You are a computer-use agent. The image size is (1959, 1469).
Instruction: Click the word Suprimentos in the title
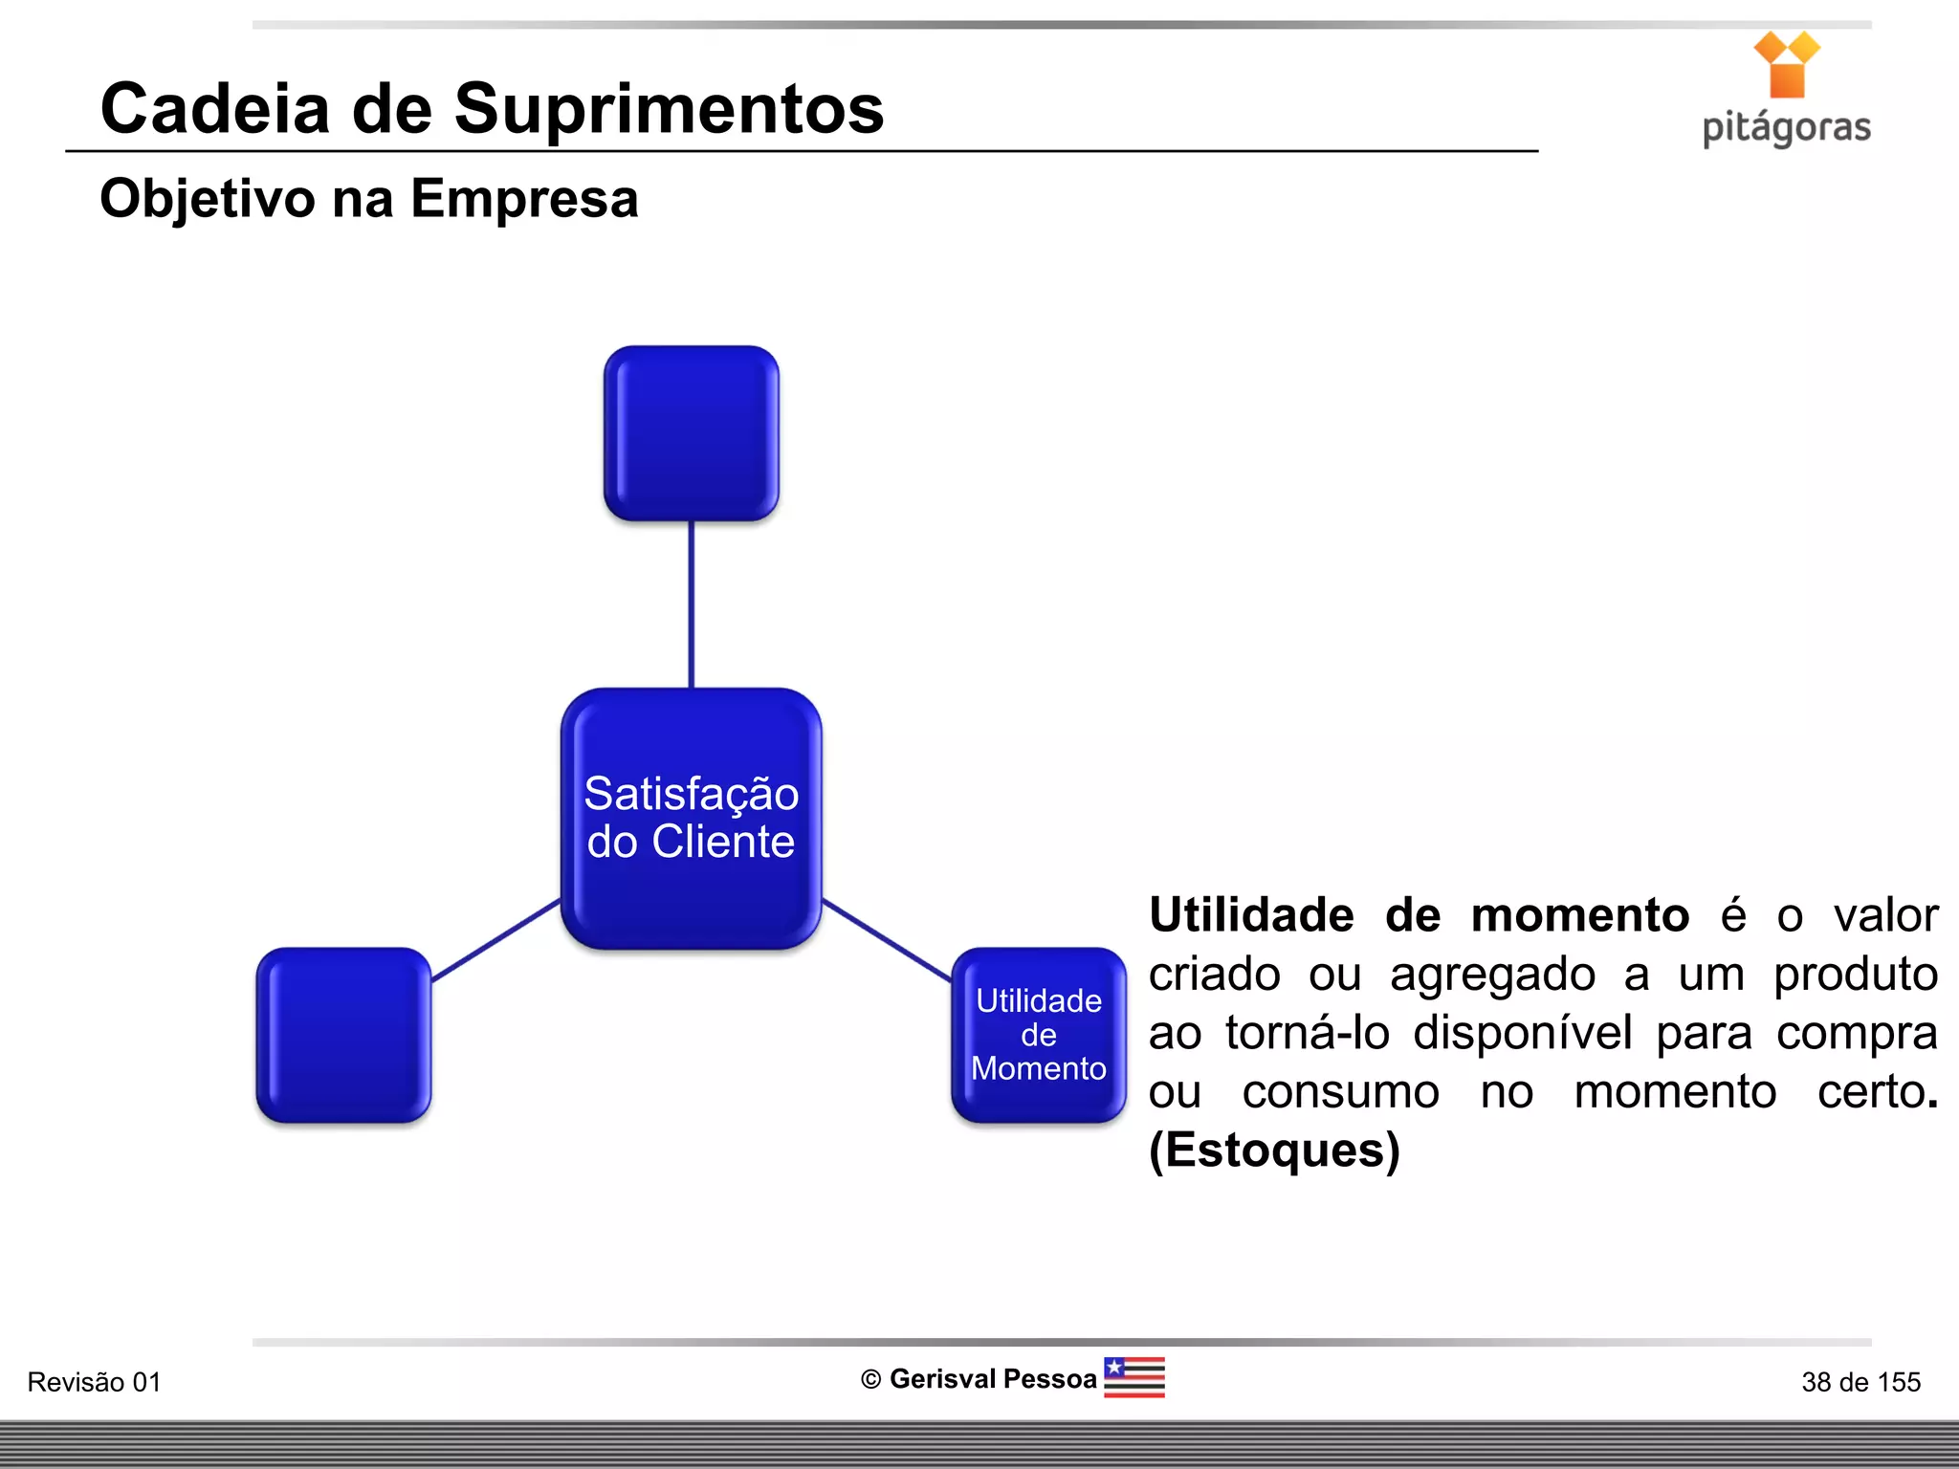click(669, 110)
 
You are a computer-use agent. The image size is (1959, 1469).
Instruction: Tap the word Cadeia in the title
click(215, 108)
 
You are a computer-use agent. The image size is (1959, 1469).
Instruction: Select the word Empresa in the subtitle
click(524, 199)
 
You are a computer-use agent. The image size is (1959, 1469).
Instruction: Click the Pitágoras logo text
click(1786, 128)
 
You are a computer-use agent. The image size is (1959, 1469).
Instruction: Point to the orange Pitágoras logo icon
click(1786, 64)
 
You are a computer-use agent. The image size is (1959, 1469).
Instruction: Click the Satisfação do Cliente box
click(691, 818)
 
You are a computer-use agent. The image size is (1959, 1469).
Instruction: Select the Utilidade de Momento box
click(1039, 1035)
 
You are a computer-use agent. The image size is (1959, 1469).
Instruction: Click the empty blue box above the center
click(691, 433)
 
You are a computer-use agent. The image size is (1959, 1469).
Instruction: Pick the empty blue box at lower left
click(343, 1035)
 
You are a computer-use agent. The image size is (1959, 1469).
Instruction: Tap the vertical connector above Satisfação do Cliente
click(691, 604)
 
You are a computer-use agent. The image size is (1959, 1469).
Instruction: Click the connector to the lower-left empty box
click(495, 940)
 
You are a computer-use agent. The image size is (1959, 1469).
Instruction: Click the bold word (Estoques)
click(1274, 1151)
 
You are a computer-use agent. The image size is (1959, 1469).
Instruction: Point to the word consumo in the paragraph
click(1340, 1092)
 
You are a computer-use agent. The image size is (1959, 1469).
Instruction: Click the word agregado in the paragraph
click(1492, 975)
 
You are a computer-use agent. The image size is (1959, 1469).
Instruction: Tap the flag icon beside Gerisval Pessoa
click(1134, 1377)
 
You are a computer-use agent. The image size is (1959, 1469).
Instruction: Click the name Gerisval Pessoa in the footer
click(992, 1379)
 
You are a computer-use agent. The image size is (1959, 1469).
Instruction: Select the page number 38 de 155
click(1860, 1382)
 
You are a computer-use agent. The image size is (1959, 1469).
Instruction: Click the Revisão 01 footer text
click(94, 1382)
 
